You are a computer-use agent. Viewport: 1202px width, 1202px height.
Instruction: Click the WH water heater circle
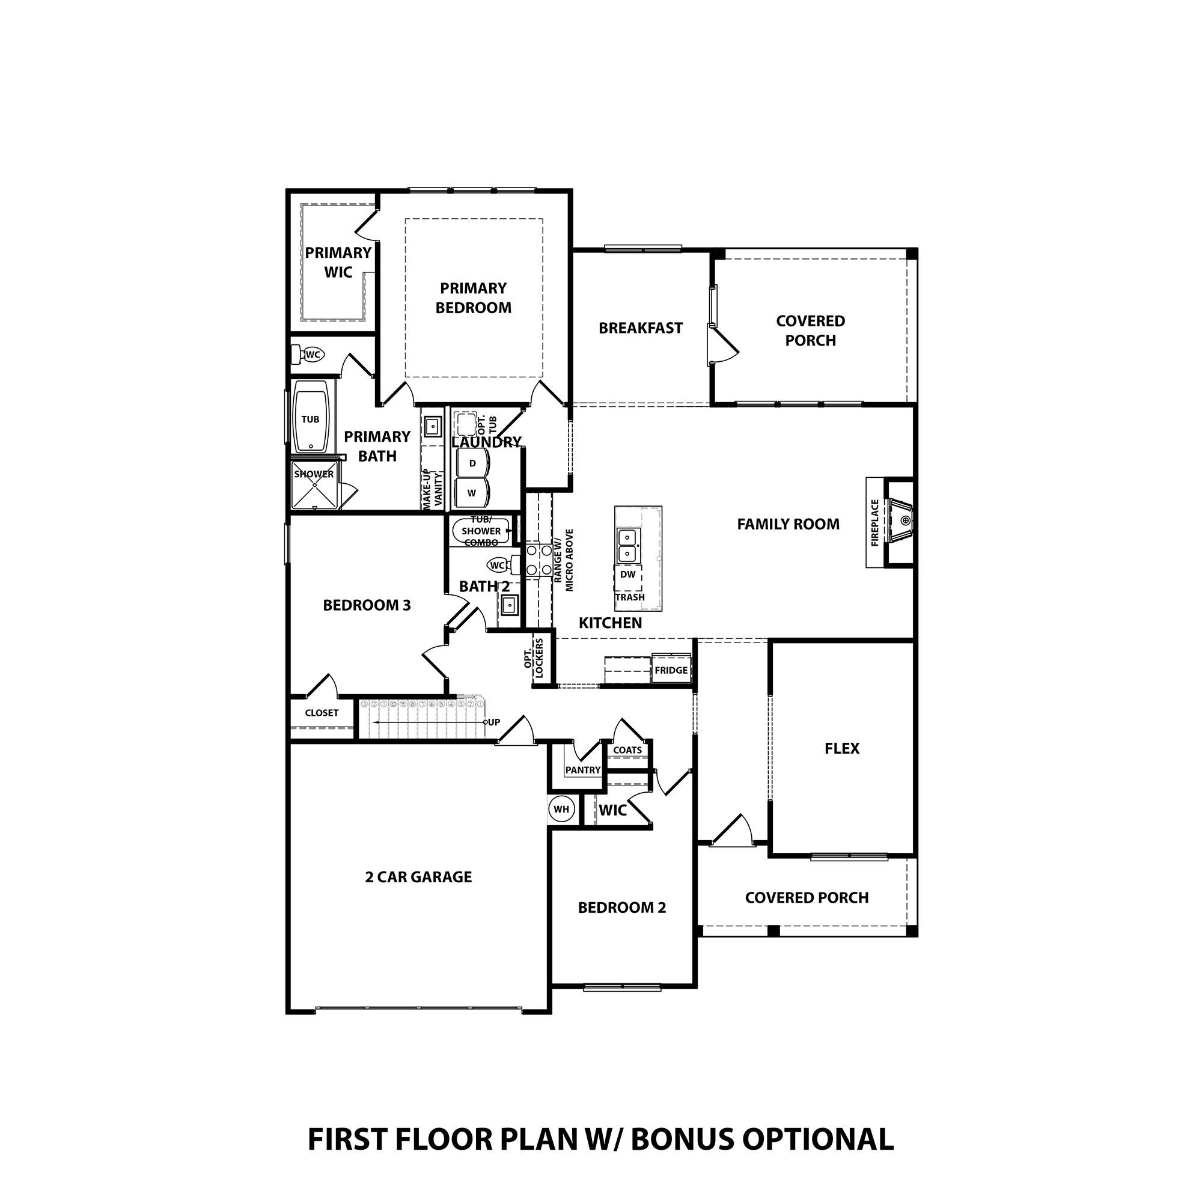pos(561,810)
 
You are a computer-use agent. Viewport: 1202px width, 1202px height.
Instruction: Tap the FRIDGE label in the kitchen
pos(671,670)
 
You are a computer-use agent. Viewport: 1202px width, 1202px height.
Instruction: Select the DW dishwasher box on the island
pos(628,574)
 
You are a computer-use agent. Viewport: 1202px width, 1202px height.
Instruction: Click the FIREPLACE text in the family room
pos(874,523)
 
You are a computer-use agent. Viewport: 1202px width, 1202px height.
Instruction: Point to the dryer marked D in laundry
pos(472,463)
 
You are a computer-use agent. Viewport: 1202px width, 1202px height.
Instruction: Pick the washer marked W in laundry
pos(472,493)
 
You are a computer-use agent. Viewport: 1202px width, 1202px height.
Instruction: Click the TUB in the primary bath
pos(310,419)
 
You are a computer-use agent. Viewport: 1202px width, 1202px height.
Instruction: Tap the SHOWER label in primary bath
pos(314,474)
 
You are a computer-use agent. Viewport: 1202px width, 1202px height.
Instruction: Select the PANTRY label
pos(582,770)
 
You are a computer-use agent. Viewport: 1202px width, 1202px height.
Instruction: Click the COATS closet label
pos(627,750)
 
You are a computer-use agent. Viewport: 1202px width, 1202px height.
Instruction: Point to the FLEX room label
pos(842,748)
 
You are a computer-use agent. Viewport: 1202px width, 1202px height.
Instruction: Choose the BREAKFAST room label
pos(640,328)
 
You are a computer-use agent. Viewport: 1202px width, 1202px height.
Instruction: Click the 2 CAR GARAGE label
pos(418,877)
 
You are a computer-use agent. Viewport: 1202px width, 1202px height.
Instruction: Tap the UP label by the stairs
pos(493,722)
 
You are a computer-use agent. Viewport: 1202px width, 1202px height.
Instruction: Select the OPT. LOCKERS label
pos(534,658)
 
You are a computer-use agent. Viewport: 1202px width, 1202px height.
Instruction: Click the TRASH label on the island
pos(630,597)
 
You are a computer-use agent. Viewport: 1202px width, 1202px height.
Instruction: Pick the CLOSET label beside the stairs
pos(322,713)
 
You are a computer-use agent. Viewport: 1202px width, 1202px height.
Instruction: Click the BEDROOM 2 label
pos(621,908)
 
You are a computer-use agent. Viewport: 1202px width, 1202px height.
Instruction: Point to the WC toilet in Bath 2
pos(498,565)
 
